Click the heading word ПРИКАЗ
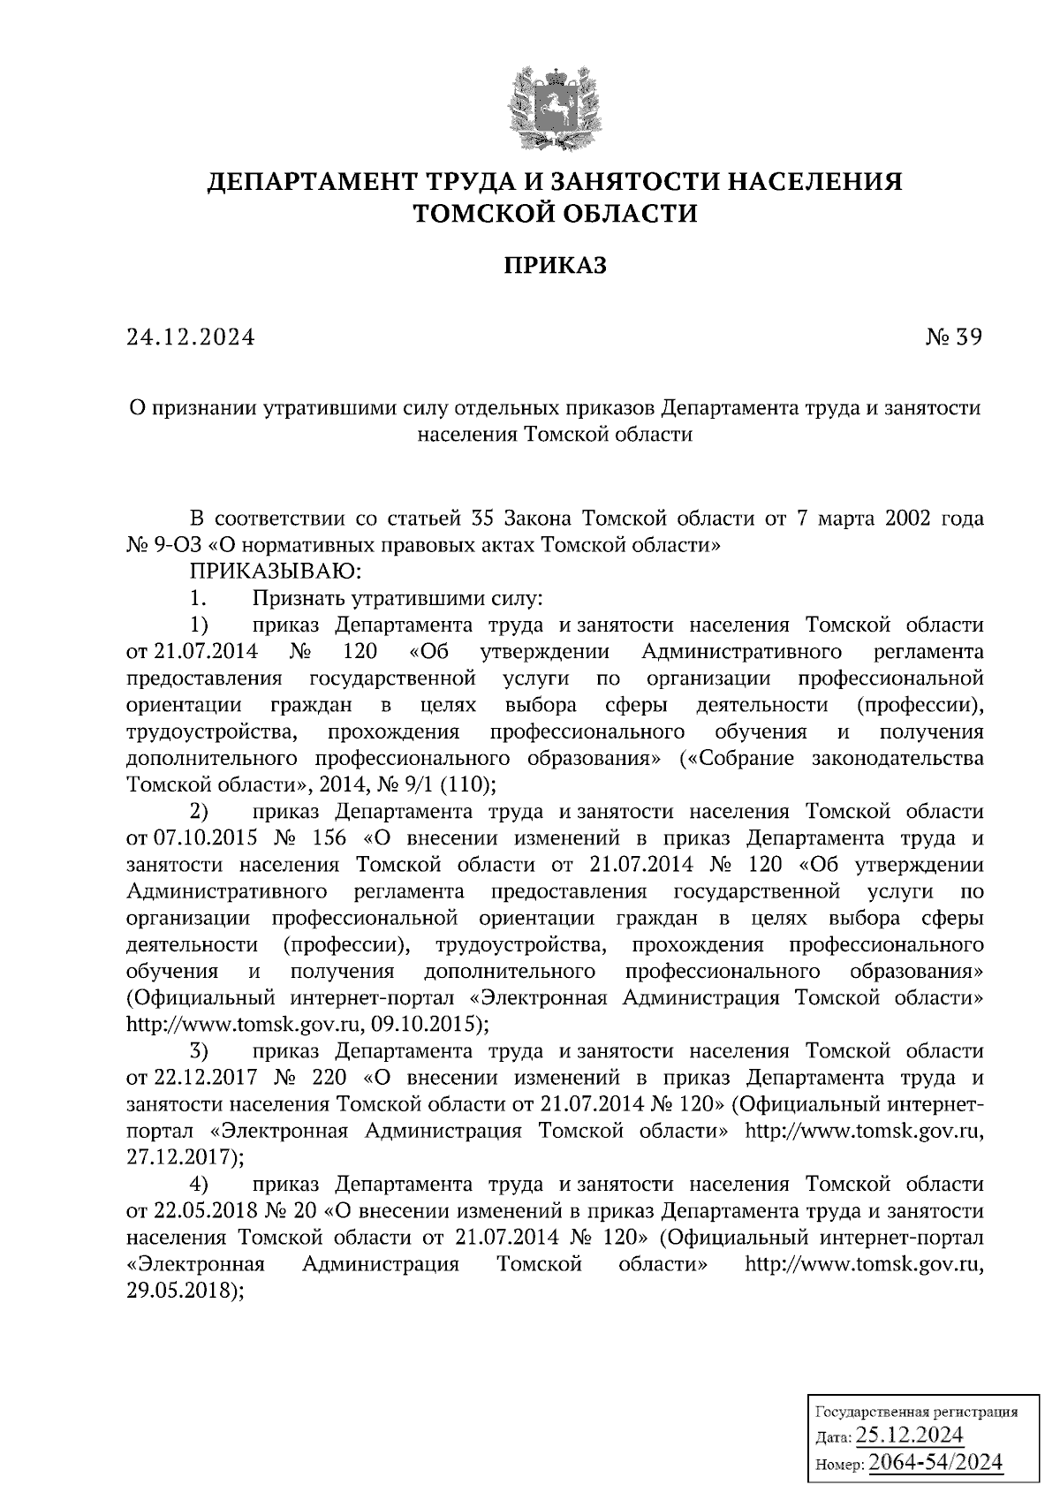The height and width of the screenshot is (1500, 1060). click(x=555, y=265)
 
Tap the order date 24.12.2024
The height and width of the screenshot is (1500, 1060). click(x=191, y=337)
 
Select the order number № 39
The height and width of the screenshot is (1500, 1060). click(x=953, y=337)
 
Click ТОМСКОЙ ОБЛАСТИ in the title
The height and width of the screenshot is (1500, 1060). click(x=555, y=214)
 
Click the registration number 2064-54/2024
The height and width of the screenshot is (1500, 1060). click(x=935, y=1462)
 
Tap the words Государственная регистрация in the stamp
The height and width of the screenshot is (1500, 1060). click(x=914, y=1411)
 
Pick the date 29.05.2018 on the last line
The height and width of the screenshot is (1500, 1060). click(x=182, y=1290)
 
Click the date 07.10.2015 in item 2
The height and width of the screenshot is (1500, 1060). click(x=206, y=837)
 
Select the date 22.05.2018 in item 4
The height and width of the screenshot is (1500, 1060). click(x=206, y=1209)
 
